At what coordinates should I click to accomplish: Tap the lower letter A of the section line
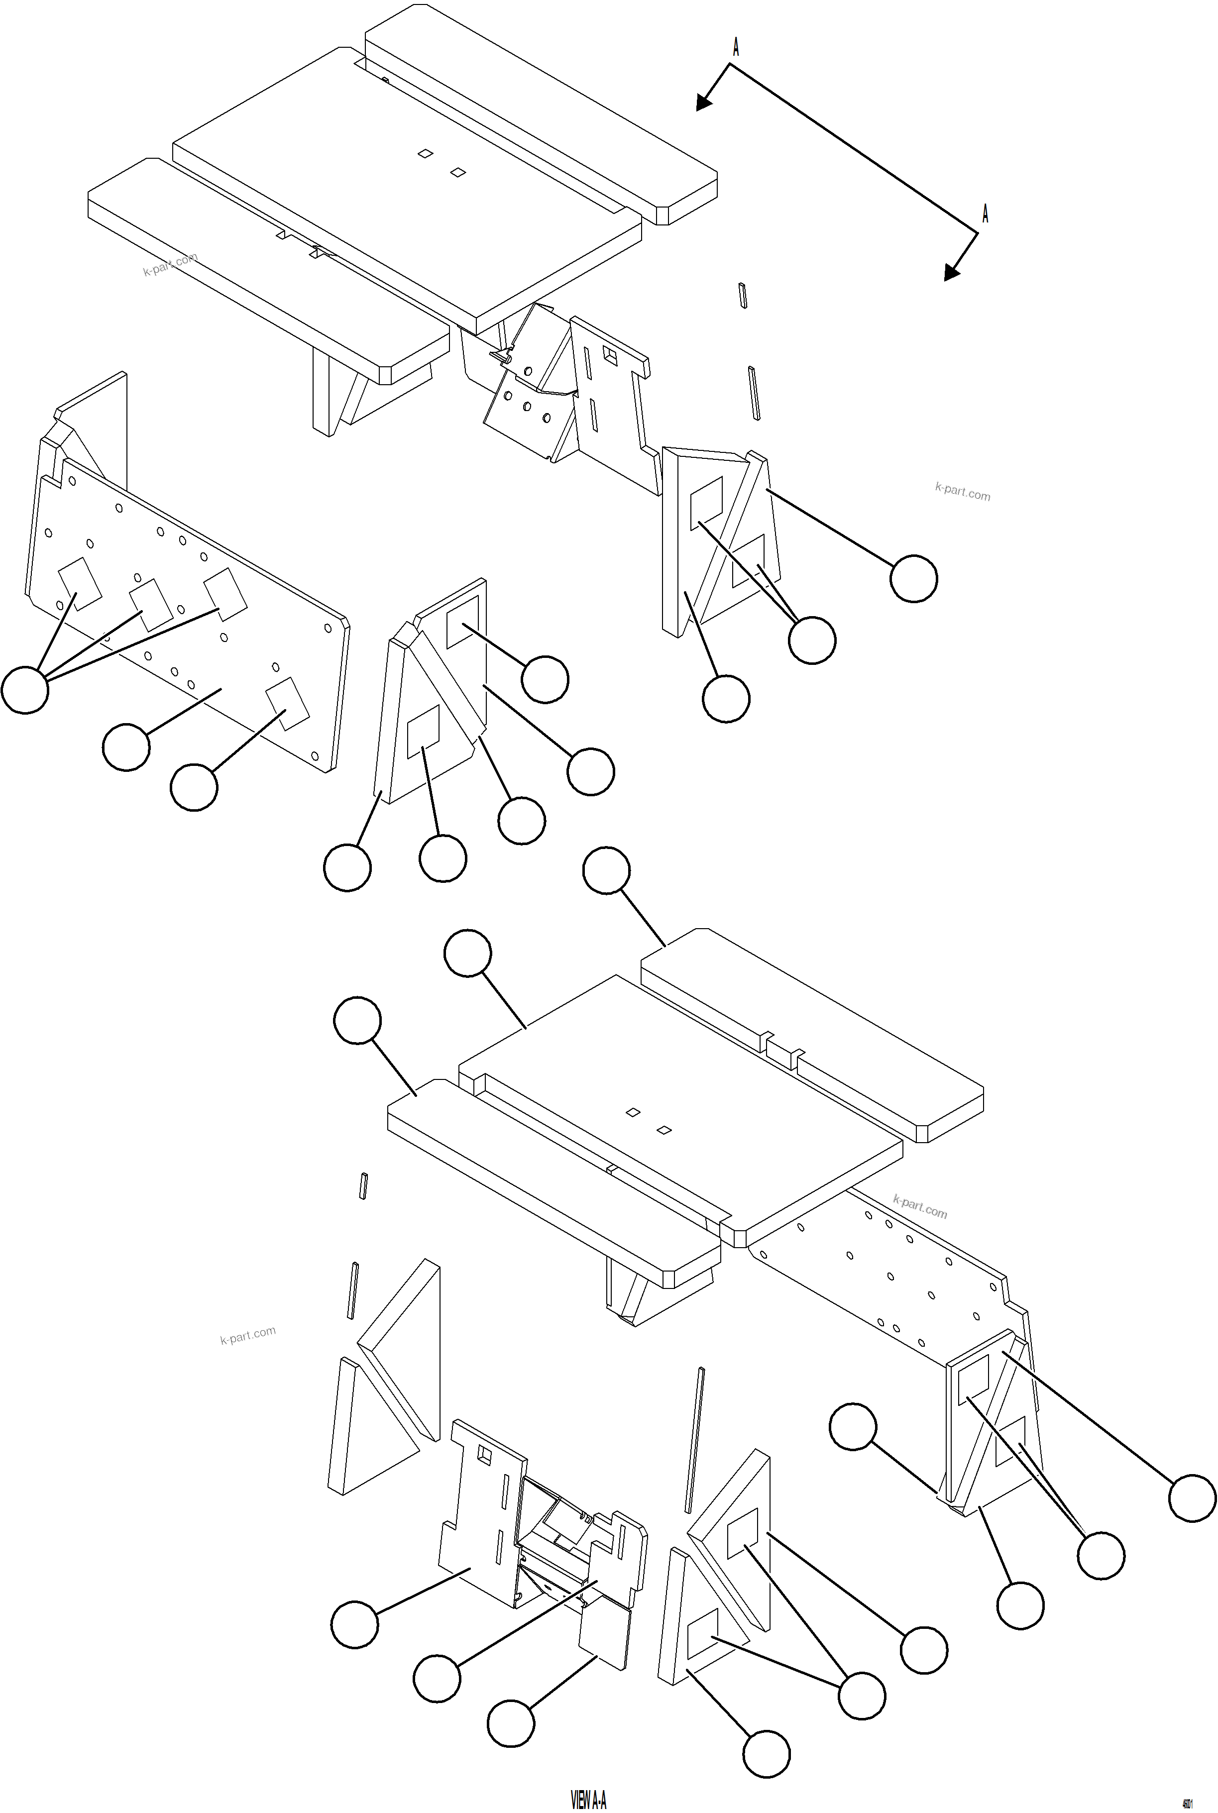point(985,213)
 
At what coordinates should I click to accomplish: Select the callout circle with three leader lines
point(25,689)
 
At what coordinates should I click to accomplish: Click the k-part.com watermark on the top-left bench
point(170,264)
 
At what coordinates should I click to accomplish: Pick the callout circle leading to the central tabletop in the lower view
point(467,953)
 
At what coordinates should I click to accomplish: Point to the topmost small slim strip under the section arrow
point(743,296)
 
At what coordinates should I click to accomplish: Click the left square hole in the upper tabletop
point(425,154)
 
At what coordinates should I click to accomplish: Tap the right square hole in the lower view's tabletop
point(664,1130)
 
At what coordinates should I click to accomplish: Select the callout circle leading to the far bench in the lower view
point(606,870)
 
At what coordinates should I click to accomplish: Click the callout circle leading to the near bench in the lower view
point(357,1021)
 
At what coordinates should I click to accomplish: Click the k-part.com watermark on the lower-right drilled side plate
point(920,1207)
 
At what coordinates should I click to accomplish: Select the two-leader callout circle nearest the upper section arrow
point(812,640)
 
